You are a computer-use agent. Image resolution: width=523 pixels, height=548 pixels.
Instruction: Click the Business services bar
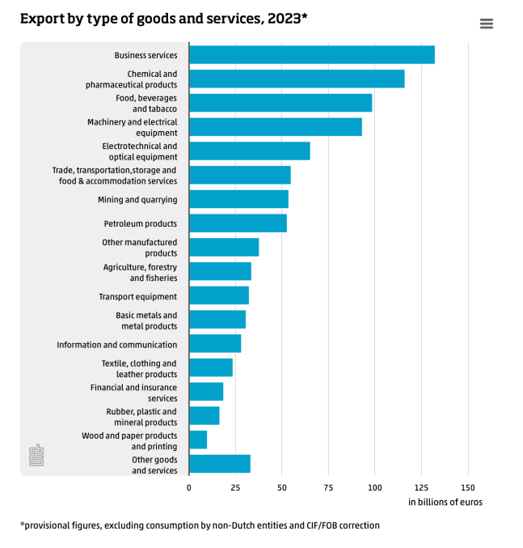311,55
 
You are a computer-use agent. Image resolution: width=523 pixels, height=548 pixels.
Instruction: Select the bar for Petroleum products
238,223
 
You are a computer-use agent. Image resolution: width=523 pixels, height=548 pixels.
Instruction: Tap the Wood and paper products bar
198,440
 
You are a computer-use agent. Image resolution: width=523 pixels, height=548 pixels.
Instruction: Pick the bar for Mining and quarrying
238,199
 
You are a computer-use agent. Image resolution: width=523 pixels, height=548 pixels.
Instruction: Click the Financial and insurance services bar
206,392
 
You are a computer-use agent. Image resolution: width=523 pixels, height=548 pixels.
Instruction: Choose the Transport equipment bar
219,295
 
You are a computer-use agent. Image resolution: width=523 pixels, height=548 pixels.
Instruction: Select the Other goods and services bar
220,464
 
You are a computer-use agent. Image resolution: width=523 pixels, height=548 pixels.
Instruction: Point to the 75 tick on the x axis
328,487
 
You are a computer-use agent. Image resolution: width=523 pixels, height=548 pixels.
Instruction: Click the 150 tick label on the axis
467,487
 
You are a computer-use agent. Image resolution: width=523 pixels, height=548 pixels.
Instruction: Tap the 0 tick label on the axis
189,487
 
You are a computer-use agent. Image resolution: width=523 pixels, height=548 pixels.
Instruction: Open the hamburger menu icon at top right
487,23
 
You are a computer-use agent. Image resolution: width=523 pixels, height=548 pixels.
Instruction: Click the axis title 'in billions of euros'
445,503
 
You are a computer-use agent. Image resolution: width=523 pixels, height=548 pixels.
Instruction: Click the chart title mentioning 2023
164,18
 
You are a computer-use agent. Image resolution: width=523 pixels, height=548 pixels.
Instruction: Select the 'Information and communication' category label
116,345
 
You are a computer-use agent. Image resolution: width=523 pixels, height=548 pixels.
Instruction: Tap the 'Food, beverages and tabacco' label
146,104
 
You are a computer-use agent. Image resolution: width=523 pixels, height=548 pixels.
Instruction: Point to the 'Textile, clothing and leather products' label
139,369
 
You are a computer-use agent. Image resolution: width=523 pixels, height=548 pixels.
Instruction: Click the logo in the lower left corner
36,455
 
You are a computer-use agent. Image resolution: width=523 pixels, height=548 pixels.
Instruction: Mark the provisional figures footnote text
200,525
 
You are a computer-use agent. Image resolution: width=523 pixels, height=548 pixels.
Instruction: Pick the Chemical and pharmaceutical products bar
297,79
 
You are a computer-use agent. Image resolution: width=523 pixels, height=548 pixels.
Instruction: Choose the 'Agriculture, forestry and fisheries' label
140,273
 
